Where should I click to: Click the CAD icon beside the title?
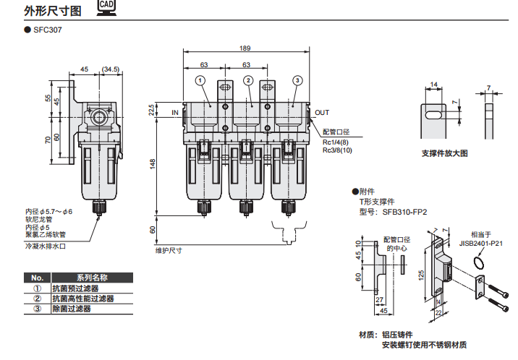coord(105,9)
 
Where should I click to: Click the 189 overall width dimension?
coord(245,48)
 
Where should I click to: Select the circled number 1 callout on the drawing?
coord(200,80)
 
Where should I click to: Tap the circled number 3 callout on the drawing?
coord(297,80)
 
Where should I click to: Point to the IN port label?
coord(175,113)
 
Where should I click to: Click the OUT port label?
coord(322,113)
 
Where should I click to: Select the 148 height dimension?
coord(153,165)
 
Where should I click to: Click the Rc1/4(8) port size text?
coord(336,142)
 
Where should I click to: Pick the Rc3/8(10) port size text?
coord(337,150)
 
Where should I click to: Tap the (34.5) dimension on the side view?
coord(111,69)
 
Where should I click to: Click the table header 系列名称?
coord(92,278)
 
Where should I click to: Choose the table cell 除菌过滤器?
coord(72,308)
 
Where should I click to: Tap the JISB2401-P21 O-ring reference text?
coord(481,244)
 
